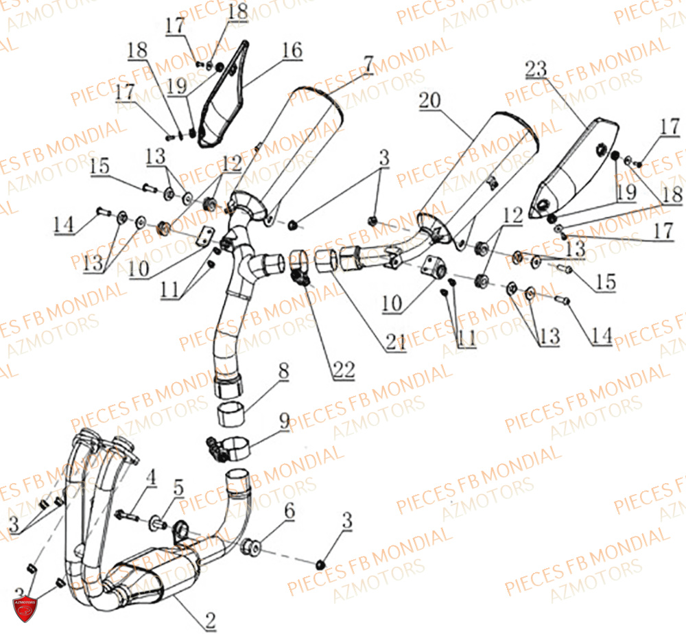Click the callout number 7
click(x=368, y=65)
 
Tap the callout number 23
click(x=536, y=69)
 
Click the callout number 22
click(x=344, y=370)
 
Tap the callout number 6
click(x=289, y=510)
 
